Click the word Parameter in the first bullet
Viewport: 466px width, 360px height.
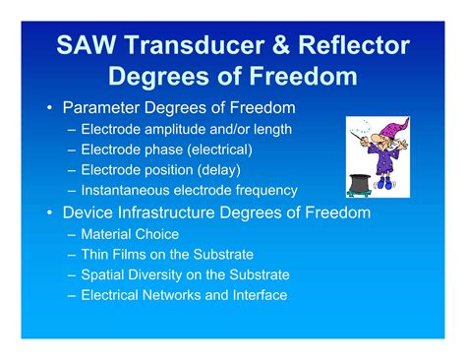pos(105,107)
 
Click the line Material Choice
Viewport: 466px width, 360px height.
pos(130,234)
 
